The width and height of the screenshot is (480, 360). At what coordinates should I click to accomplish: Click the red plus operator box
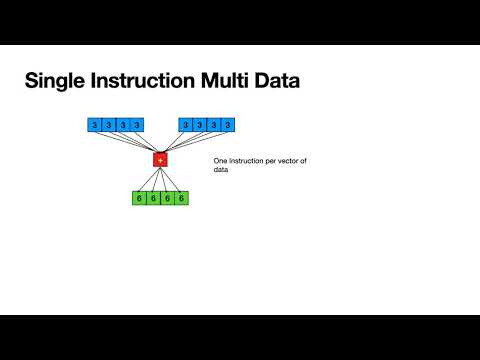[159, 160]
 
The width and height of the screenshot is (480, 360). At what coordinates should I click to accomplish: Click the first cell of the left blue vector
[94, 125]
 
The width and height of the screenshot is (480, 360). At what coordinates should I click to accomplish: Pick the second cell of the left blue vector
[108, 125]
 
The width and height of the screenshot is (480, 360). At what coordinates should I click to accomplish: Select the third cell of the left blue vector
[122, 125]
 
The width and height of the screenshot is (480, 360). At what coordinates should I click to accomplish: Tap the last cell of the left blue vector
[136, 125]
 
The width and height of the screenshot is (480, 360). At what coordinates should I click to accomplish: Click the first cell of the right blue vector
[187, 125]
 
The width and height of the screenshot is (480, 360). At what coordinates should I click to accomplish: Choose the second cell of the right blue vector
[201, 125]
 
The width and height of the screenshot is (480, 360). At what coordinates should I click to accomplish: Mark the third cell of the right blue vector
[215, 125]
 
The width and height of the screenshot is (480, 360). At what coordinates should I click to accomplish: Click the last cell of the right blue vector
[229, 125]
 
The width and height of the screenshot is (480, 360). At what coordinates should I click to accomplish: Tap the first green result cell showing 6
[139, 198]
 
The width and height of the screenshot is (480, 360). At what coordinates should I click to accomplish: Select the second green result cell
[153, 198]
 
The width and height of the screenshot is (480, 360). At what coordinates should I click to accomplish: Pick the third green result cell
[167, 198]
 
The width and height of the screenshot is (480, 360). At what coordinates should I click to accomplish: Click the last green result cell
[181, 198]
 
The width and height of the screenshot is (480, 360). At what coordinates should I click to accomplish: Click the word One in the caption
[220, 160]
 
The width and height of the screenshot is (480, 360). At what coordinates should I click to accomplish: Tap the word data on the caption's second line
[222, 170]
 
